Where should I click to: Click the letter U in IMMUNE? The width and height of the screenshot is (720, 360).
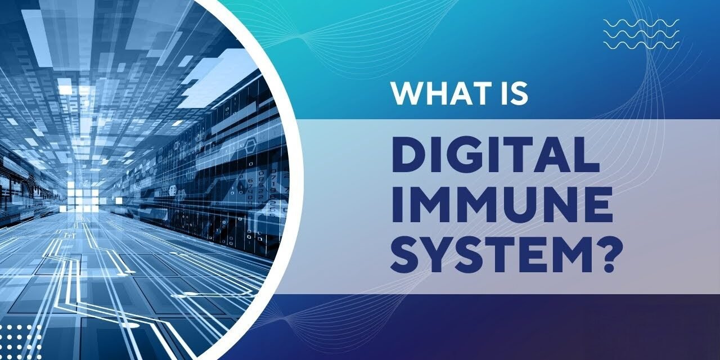point(528,204)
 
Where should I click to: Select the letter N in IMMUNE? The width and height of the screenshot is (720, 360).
point(564,204)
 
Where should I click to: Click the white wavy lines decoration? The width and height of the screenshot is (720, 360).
point(641,33)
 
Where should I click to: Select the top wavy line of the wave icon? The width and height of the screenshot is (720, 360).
point(641,23)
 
